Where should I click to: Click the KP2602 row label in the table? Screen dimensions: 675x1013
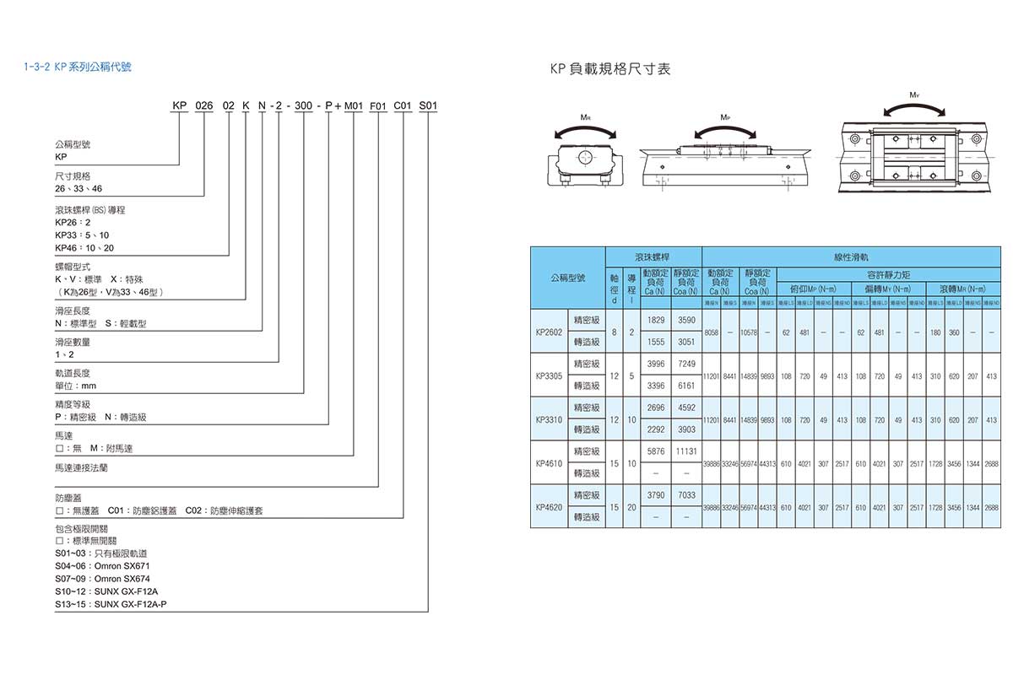pyautogui.click(x=549, y=332)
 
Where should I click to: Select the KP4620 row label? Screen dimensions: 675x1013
pyautogui.click(x=549, y=507)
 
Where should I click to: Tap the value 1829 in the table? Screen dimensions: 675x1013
pyautogui.click(x=655, y=321)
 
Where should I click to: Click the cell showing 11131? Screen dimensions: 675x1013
pyautogui.click(x=685, y=451)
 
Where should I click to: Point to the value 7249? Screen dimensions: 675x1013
pyautogui.click(x=685, y=364)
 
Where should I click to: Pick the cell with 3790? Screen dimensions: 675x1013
pyautogui.click(x=655, y=495)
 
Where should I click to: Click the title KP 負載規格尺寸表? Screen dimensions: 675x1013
pyautogui.click(x=609, y=69)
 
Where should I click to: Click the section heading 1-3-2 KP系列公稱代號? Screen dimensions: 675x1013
pyautogui.click(x=78, y=64)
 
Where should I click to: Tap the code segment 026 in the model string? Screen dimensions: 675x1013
pyautogui.click(x=204, y=106)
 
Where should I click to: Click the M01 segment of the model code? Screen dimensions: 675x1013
pyautogui.click(x=353, y=106)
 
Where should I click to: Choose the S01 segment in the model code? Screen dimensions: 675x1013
pyautogui.click(x=429, y=106)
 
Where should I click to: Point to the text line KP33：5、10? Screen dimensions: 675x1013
pyautogui.click(x=81, y=235)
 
